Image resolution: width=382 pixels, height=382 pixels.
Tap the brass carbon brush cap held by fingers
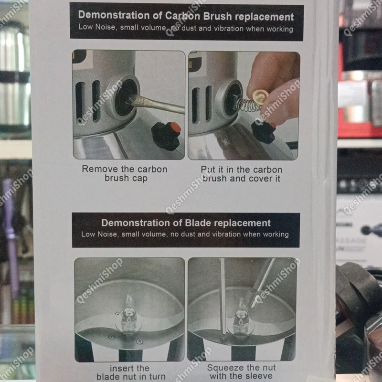click(260, 97)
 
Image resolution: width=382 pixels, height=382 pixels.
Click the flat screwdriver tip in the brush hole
click(132, 102)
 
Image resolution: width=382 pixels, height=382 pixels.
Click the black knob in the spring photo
click(264, 132)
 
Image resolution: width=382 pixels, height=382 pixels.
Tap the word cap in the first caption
click(140, 178)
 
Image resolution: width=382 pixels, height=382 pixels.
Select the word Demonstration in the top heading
click(114, 15)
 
